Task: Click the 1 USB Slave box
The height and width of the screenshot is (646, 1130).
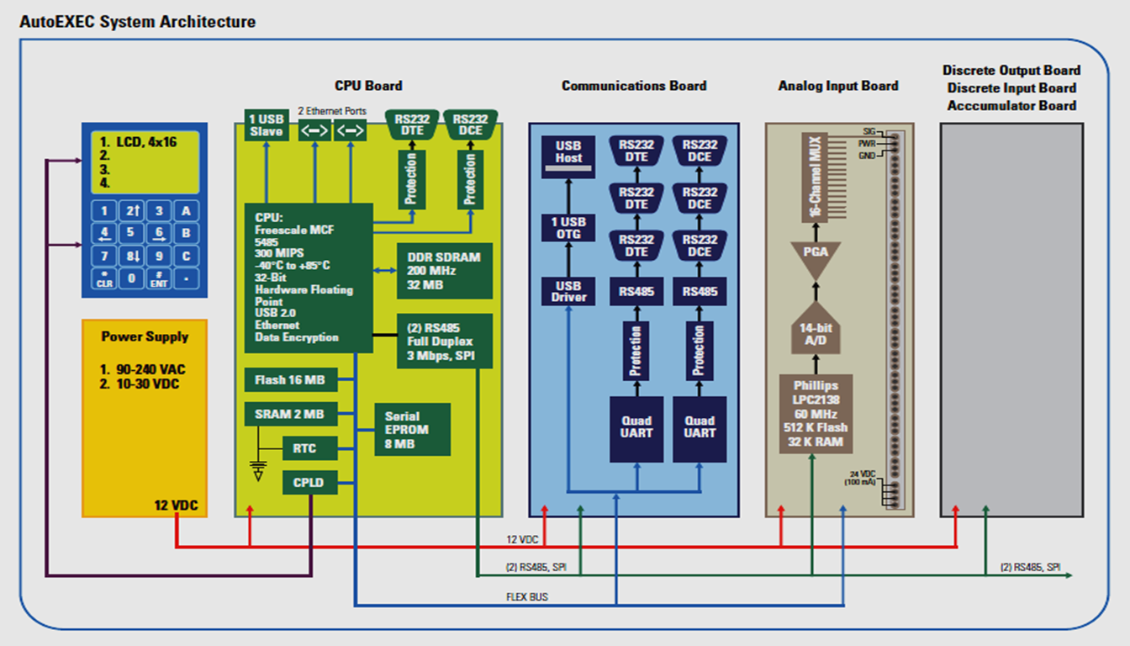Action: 266,125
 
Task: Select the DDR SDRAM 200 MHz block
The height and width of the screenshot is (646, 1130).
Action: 444,271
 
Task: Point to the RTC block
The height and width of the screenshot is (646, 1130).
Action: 304,448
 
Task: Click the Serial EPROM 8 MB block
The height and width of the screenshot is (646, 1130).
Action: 412,429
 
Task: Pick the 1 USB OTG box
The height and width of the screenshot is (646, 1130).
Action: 568,227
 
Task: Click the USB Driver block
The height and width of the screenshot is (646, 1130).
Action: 568,291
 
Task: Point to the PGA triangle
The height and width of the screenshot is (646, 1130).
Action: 816,257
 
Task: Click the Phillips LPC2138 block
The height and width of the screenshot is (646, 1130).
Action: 815,413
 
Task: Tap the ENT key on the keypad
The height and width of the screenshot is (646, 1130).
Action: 159,279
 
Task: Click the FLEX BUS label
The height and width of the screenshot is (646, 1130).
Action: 527,597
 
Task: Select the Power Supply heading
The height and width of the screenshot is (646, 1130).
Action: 145,336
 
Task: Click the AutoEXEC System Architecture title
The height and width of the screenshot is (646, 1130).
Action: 137,22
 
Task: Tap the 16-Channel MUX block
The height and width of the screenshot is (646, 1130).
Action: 814,177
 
